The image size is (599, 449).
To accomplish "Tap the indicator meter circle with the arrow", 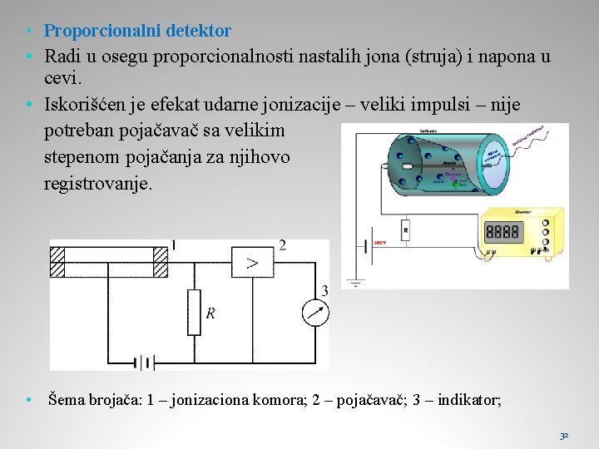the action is [314, 313].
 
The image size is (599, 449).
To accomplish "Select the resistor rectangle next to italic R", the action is [194, 312].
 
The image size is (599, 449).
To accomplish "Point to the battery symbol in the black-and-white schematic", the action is [146, 363].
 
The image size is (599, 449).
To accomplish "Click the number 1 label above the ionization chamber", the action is [173, 244].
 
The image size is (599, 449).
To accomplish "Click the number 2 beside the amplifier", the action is [283, 245].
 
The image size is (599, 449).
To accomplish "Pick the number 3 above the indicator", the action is [324, 290].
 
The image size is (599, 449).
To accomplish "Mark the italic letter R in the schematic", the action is [210, 313].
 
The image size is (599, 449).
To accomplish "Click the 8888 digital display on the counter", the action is [502, 231].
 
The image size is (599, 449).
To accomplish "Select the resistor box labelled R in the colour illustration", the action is [405, 229].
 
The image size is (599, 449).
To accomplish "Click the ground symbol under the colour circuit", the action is [356, 283].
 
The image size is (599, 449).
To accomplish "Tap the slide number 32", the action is [564, 435].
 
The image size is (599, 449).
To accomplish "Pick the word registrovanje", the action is [98, 183].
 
